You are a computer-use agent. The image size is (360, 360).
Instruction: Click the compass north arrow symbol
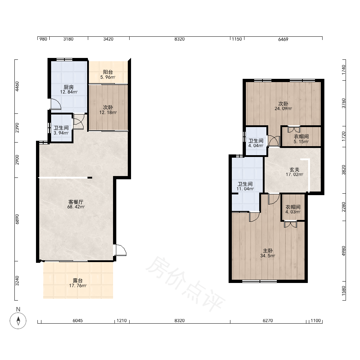click(18, 320)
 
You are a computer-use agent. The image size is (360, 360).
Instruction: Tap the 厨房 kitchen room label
click(69, 90)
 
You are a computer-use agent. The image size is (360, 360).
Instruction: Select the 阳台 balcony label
click(108, 75)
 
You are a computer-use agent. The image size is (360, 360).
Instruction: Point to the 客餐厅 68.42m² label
click(76, 204)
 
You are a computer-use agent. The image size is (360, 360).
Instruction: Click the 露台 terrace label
click(78, 283)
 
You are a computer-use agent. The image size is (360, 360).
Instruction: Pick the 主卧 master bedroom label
click(268, 253)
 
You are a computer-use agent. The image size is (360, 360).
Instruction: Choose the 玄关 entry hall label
click(294, 172)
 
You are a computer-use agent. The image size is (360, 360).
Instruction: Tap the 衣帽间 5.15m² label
click(301, 139)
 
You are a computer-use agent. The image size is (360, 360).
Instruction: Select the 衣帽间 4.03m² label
click(293, 209)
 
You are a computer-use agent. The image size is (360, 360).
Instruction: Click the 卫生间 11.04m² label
click(245, 186)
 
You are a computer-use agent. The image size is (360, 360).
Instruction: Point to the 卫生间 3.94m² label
click(61, 130)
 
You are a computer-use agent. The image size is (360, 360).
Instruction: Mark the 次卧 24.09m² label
click(283, 106)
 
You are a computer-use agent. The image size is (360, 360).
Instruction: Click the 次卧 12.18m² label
click(108, 110)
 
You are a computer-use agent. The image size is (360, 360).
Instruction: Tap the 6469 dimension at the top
click(283, 39)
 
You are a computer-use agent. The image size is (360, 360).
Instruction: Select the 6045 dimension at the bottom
click(78, 320)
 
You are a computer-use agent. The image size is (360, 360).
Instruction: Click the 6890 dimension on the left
click(17, 219)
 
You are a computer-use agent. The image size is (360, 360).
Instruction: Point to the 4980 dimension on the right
click(343, 251)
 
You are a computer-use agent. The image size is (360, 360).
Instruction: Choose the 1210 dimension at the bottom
click(122, 320)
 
